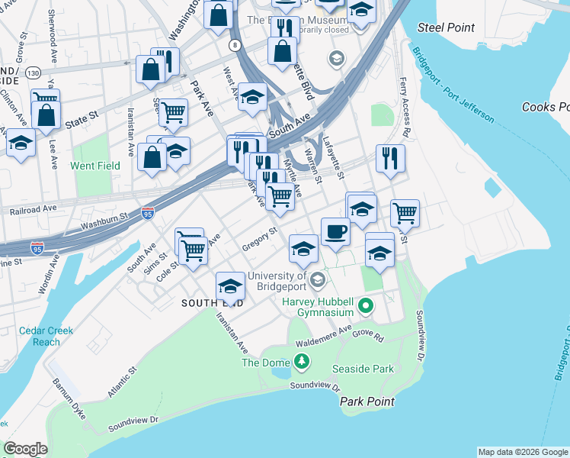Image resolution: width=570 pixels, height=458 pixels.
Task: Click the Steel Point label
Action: [446, 28]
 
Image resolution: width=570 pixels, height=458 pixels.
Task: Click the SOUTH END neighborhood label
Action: [213, 303]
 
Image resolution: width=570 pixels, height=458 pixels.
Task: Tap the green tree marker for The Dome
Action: [303, 360]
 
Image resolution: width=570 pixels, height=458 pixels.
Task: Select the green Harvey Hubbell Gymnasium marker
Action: [366, 307]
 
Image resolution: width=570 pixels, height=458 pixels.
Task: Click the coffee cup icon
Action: [335, 232]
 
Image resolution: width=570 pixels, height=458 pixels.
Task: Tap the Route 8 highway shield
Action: [236, 46]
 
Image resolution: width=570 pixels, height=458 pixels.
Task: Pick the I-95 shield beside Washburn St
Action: [148, 214]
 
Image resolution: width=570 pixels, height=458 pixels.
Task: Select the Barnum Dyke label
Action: [67, 392]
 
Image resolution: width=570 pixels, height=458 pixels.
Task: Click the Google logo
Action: [26, 449]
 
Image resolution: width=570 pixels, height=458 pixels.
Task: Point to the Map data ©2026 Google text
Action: [522, 452]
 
